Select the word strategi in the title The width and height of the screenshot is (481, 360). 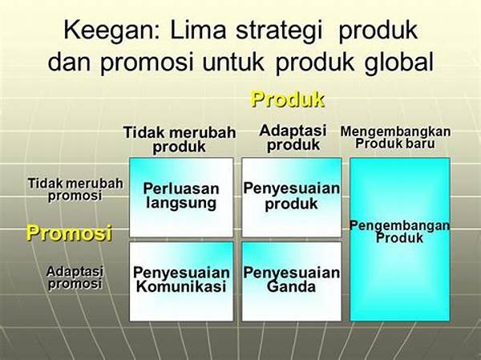point(279,31)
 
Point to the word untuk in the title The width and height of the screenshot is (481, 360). point(233,62)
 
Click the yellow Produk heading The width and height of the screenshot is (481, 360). point(288,99)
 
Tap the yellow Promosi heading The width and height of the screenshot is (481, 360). point(69,233)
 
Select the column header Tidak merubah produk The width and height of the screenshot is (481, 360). point(180,140)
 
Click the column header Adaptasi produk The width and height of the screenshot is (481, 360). point(293,138)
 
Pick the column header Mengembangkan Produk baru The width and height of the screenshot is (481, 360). point(395,137)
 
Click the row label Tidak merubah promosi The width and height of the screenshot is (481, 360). point(75,190)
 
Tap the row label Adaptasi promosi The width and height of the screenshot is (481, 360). point(75,277)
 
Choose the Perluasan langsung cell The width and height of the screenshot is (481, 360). point(181,197)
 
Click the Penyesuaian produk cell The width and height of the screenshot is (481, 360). point(292,197)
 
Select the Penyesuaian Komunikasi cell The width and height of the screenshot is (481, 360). point(181,281)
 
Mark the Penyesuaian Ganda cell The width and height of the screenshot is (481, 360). point(292,281)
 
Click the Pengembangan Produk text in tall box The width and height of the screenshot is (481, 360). point(400,232)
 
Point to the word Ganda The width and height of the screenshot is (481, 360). point(291,287)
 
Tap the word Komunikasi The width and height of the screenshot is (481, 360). point(181,287)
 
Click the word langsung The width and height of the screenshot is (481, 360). point(181,204)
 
